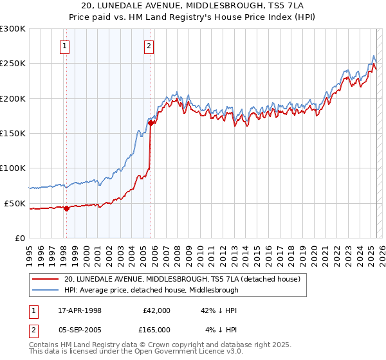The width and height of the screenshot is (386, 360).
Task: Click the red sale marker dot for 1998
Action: tap(66, 208)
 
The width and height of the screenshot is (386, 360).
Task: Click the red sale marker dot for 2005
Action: tap(150, 123)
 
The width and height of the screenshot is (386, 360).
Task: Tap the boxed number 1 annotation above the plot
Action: tap(66, 46)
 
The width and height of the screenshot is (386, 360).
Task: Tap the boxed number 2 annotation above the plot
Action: tap(149, 46)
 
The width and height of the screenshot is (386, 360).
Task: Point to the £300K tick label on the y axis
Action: tap(13, 29)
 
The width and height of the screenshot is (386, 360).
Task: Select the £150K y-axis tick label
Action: tap(13, 134)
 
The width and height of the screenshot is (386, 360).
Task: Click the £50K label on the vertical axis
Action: tap(15, 203)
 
